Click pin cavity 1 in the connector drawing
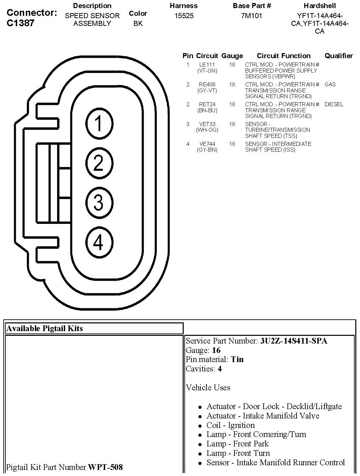click(x=98, y=123)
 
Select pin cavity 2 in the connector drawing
click(x=98, y=163)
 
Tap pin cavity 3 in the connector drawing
click(x=98, y=203)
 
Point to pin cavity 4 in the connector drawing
click(x=98, y=242)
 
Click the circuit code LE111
click(x=207, y=65)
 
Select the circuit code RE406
click(x=207, y=84)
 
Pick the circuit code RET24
click(x=207, y=104)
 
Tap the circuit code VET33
click(x=207, y=124)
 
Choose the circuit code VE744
click(x=207, y=144)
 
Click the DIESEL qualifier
click(x=334, y=104)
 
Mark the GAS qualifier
click(x=330, y=84)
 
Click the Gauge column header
click(x=232, y=56)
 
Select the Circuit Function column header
click(x=283, y=56)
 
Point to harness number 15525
click(x=184, y=16)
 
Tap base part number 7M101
click(x=252, y=16)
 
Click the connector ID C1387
click(x=20, y=23)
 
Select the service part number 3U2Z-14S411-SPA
click(x=294, y=341)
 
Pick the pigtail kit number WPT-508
click(x=105, y=467)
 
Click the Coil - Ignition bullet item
click(x=230, y=425)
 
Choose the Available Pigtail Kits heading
click(x=44, y=328)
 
